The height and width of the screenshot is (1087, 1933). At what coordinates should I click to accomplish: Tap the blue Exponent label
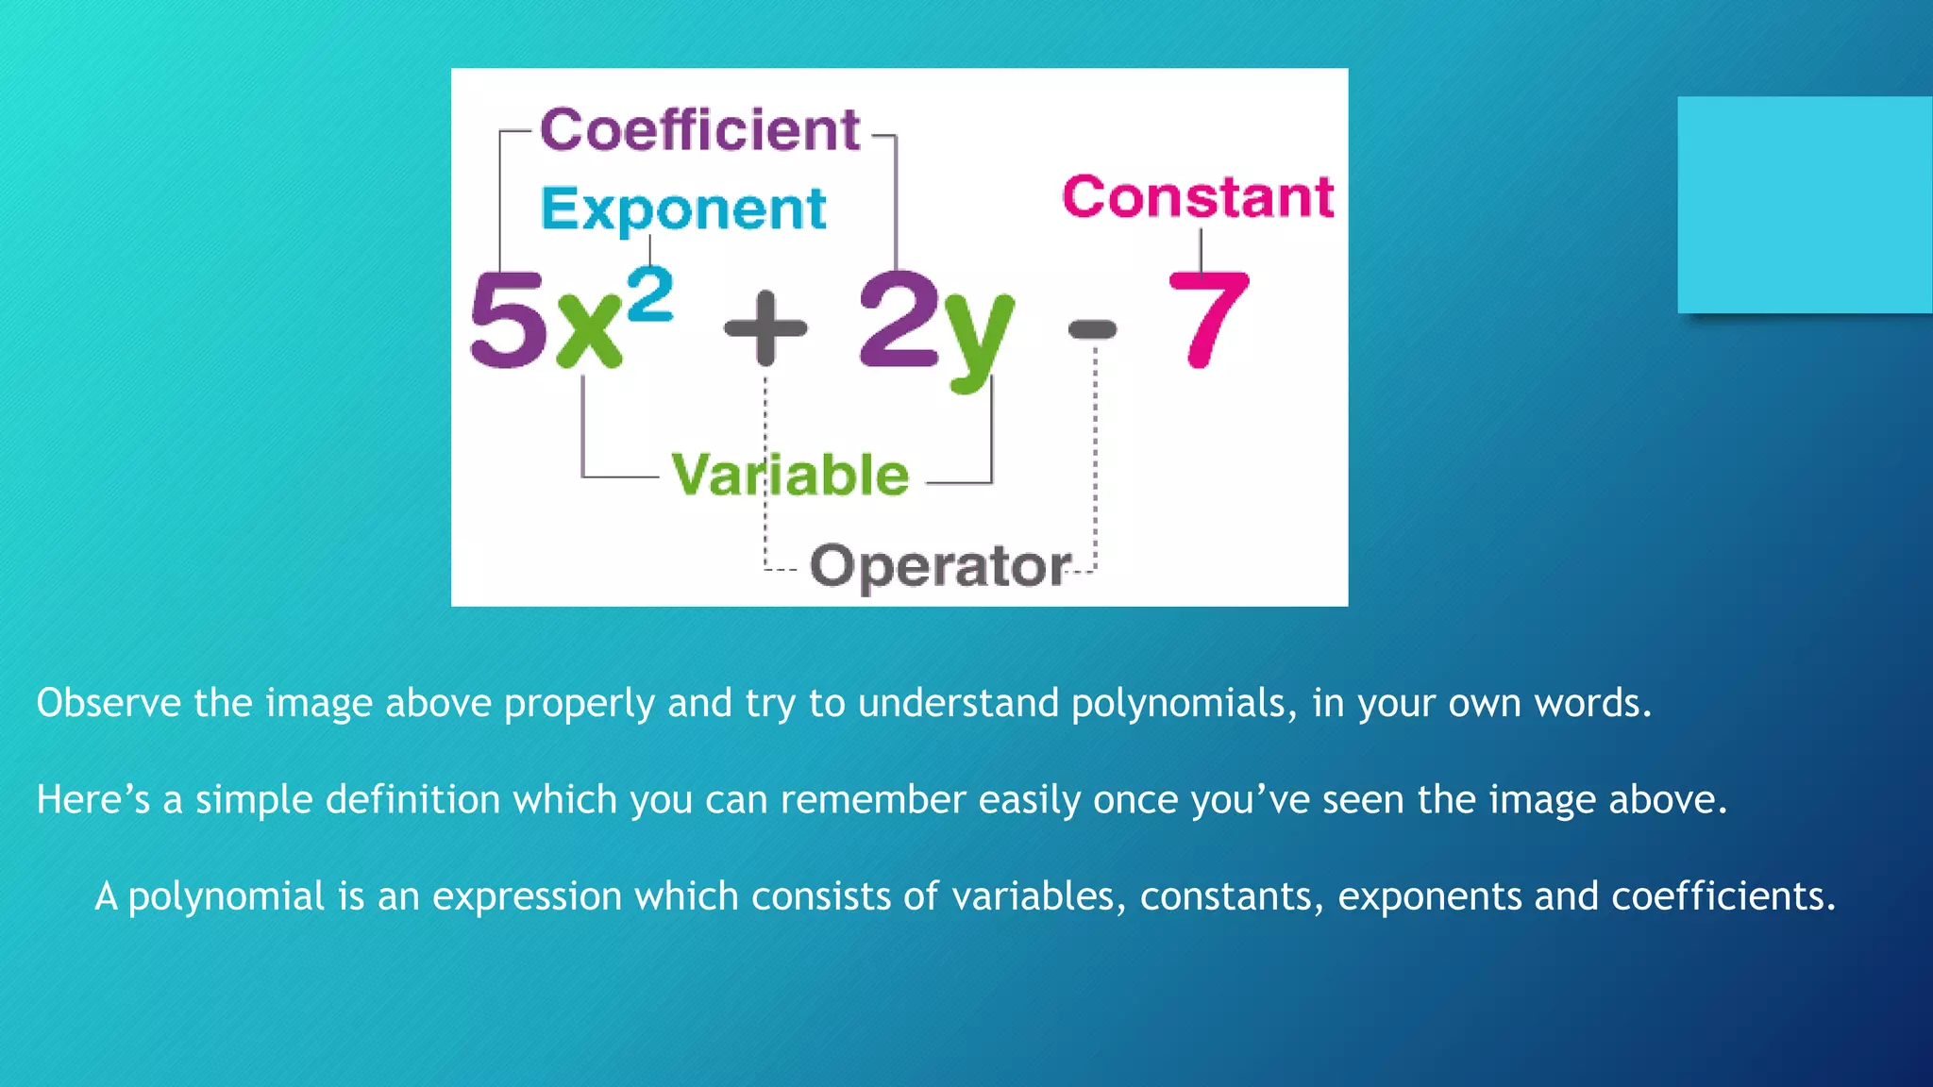(683, 209)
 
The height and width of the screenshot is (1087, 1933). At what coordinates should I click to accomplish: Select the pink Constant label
(1198, 197)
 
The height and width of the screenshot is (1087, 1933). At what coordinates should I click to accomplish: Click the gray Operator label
(940, 566)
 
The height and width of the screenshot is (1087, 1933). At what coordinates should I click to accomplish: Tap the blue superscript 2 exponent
(650, 293)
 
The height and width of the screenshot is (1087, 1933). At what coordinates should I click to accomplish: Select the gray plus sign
(765, 327)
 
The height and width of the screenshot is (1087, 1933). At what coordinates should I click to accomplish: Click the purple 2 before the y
(898, 319)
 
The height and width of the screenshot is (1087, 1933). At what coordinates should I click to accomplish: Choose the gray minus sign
(1092, 329)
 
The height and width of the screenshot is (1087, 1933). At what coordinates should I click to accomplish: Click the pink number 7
(1209, 319)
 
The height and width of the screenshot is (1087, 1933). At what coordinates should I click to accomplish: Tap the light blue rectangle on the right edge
(1805, 205)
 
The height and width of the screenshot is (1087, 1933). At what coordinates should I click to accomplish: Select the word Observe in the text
(109, 704)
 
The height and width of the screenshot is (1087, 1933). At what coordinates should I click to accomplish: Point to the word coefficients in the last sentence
(1723, 896)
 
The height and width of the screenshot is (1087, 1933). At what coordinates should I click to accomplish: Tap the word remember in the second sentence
(872, 800)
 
